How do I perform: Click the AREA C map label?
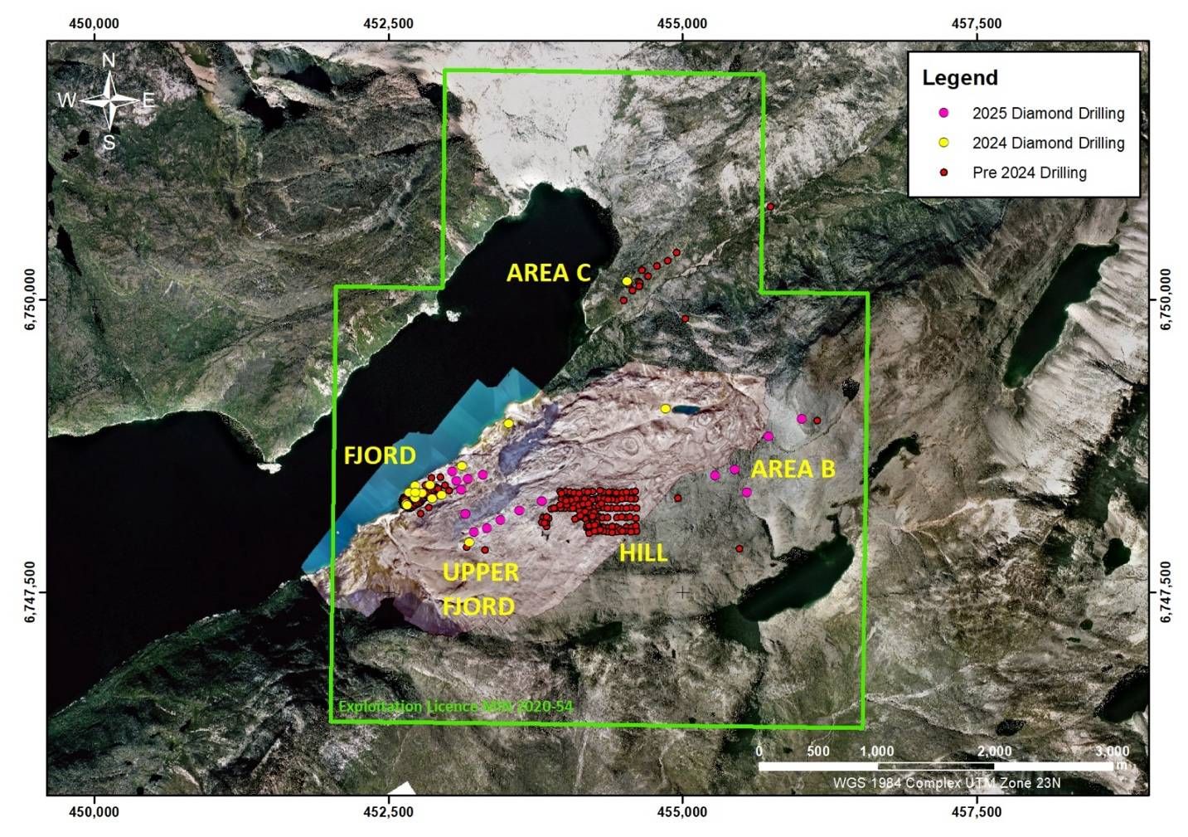pos(548,273)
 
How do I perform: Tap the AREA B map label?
pos(793,470)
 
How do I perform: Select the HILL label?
pos(643,552)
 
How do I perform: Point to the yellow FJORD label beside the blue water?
pos(380,455)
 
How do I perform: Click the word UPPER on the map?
pos(481,572)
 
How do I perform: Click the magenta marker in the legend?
pos(943,113)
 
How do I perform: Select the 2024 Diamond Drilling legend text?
pos(1048,143)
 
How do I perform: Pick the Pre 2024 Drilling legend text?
pos(1029,173)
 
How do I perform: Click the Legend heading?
pos(960,78)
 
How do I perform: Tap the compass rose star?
pos(109,101)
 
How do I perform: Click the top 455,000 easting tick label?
pos(682,23)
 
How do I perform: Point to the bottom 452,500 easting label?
pos(388,812)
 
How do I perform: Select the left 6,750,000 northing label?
pos(31,299)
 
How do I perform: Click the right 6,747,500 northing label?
pos(1166,592)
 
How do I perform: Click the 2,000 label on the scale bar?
pos(994,752)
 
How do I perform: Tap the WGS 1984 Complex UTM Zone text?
pos(947,783)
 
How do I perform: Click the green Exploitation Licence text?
pos(455,707)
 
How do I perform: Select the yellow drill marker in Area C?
pos(627,281)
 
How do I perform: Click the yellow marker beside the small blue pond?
pos(665,408)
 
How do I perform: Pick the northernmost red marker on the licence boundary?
pos(770,206)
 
